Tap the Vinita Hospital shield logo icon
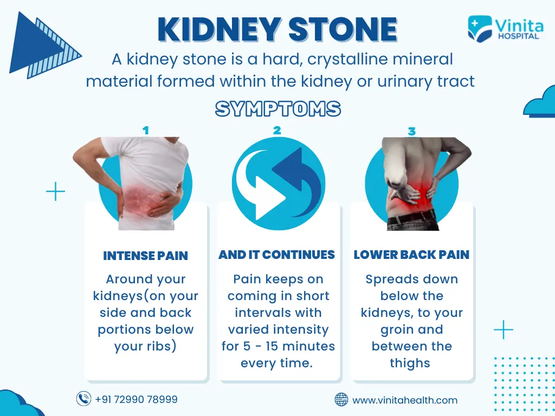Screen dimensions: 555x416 480,29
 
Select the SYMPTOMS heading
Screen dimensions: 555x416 278,108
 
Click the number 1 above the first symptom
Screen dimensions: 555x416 145,131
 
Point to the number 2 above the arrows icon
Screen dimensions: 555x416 277,131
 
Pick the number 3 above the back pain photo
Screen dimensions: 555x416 411,132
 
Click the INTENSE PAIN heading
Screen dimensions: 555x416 145,256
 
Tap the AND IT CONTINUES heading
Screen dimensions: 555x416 276,255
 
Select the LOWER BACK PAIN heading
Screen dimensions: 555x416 411,255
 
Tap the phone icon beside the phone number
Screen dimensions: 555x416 83,399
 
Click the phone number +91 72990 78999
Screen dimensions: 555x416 136,399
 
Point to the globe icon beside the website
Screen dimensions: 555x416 341,400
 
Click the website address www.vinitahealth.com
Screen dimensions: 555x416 405,400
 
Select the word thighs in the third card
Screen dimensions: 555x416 410,363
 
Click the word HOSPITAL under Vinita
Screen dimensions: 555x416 519,36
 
